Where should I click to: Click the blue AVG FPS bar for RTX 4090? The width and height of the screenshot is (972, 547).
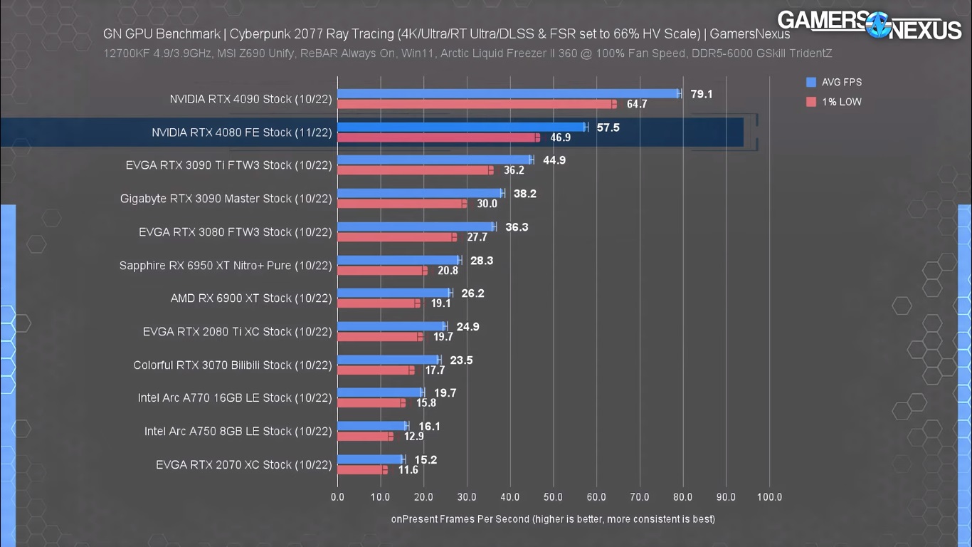click(508, 93)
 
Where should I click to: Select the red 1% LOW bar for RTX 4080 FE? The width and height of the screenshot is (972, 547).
click(438, 137)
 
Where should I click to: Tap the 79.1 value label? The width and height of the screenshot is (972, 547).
click(701, 94)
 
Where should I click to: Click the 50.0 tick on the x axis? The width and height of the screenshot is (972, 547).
click(553, 497)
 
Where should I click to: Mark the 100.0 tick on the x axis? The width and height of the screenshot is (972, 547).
click(769, 497)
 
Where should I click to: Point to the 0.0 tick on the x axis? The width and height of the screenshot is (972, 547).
click(337, 497)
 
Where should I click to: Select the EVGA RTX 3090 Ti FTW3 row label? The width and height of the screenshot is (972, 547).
click(228, 165)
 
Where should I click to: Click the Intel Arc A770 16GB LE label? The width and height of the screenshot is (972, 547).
click(235, 398)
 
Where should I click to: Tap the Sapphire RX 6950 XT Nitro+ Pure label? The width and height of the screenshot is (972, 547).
click(226, 266)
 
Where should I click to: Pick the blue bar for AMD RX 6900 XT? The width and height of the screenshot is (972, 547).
click(393, 293)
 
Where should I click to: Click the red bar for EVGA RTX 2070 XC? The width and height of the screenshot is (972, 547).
click(361, 470)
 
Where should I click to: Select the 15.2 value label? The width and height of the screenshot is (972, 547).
click(426, 460)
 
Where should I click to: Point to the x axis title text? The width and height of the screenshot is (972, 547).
click(553, 519)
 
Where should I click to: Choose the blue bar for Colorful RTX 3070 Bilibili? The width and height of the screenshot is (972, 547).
click(389, 360)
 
